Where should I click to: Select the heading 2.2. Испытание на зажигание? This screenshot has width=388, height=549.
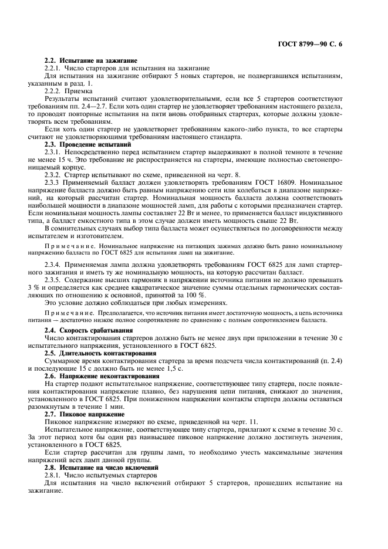(x=91, y=61)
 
